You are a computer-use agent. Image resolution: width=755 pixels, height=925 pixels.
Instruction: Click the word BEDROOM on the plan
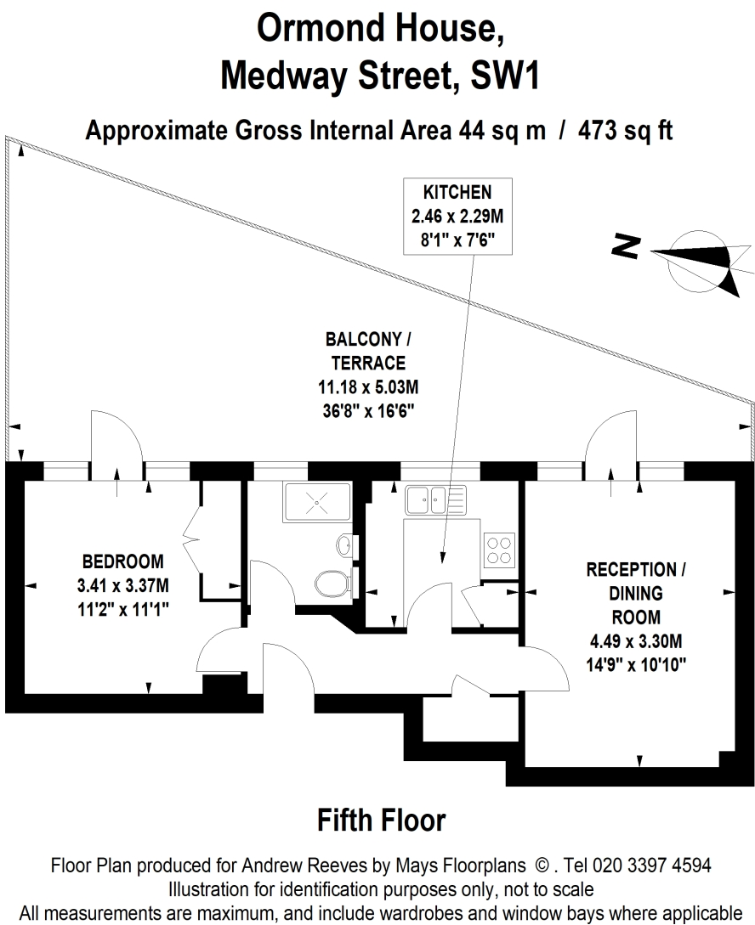(x=122, y=561)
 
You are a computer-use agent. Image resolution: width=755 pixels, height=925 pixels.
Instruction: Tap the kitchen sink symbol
(x=435, y=499)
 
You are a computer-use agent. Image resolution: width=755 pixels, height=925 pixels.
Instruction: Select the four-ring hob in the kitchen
(x=499, y=550)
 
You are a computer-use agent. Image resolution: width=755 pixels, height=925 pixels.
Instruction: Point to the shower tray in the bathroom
(x=318, y=502)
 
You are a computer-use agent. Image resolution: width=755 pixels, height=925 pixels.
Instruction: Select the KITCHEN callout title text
(x=457, y=192)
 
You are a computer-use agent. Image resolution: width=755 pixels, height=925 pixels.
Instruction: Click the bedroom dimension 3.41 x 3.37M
(x=122, y=585)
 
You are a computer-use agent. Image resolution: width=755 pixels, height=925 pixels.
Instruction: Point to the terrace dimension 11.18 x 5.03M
(x=368, y=387)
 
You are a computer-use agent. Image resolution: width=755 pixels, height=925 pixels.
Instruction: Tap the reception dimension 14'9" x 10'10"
(x=636, y=665)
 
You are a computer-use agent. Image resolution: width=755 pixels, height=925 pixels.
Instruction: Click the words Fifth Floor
(x=382, y=821)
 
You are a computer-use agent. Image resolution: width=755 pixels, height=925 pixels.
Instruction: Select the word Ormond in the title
(x=320, y=28)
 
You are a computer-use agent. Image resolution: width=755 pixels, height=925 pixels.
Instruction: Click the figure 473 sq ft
(x=625, y=130)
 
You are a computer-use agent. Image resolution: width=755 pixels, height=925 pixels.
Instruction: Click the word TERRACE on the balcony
(x=368, y=363)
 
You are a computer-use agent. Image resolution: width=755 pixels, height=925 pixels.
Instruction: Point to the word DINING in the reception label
(x=636, y=593)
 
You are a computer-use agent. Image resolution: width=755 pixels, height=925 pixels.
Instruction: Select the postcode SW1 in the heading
(x=504, y=76)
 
